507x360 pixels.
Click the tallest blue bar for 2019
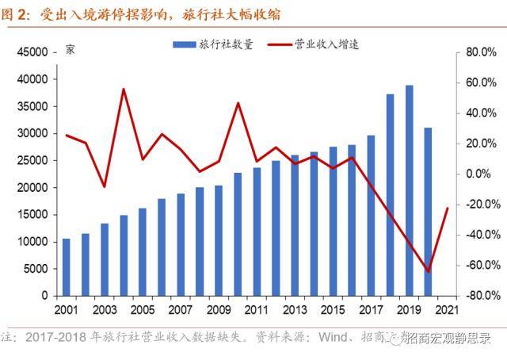(409, 190)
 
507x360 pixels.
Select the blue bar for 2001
(66, 266)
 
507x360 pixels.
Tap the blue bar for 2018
(390, 194)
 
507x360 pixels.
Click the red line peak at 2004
(124, 89)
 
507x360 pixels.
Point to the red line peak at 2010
(238, 103)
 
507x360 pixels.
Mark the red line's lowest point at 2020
(429, 271)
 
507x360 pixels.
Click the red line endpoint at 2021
(448, 209)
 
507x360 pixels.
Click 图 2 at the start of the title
(15, 15)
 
